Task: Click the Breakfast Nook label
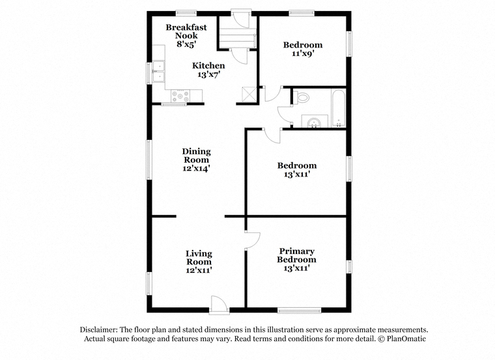(x=186, y=31)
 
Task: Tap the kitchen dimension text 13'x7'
(x=208, y=74)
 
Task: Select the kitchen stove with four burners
(x=180, y=96)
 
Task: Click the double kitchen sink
(x=158, y=72)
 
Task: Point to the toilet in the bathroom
(x=301, y=97)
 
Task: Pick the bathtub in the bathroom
(x=339, y=108)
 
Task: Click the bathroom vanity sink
(x=315, y=122)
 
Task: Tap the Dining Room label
(x=196, y=156)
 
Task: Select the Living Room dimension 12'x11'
(x=199, y=270)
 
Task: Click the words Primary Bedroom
(x=296, y=255)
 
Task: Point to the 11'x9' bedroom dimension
(x=303, y=53)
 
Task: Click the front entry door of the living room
(x=219, y=305)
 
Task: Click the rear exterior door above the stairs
(x=240, y=19)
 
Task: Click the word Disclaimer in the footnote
(x=99, y=329)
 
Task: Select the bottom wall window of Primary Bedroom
(x=299, y=311)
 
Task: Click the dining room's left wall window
(x=148, y=159)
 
